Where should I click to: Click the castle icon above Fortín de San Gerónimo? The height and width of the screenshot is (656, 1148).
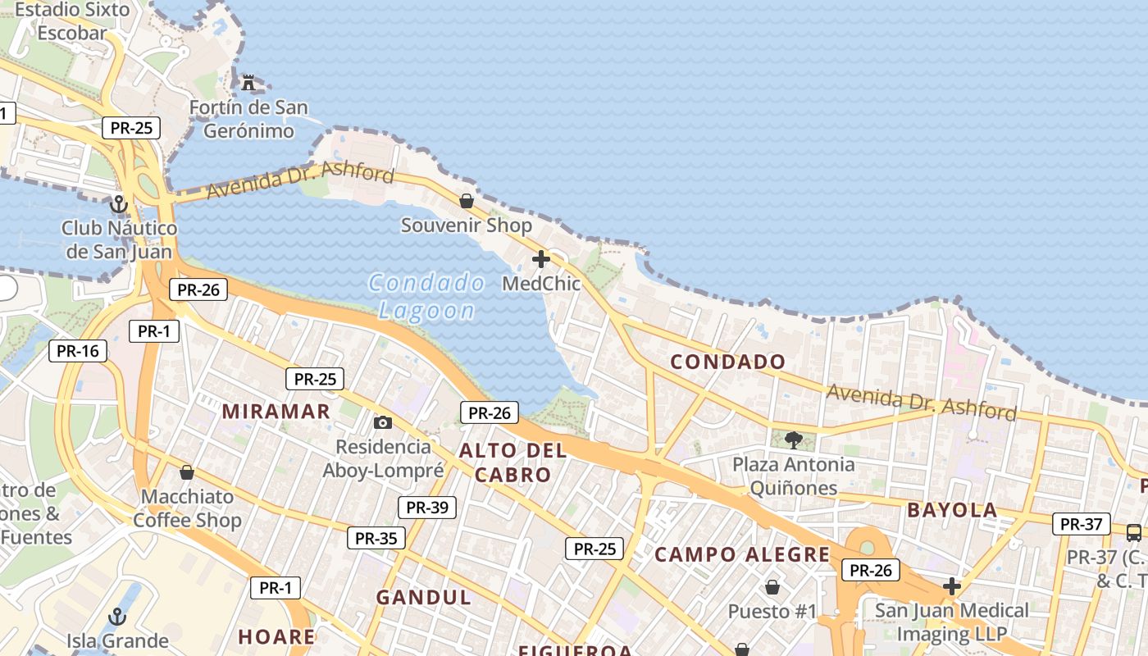248,83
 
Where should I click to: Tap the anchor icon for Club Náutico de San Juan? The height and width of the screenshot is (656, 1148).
119,203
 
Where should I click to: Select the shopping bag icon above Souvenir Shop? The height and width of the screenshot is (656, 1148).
467,201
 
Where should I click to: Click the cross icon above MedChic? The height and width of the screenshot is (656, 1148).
541,259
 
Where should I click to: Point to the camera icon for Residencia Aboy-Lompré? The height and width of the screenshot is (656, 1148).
382,423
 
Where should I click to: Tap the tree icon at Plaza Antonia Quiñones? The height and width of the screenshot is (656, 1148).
793,440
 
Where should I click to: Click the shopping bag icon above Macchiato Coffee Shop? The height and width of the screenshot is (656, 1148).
187,472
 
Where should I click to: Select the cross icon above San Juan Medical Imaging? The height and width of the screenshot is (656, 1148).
952,586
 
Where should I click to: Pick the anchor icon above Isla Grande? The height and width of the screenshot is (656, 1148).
117,616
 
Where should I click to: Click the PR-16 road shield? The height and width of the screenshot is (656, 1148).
78,351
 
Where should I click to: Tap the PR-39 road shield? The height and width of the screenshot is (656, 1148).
426,507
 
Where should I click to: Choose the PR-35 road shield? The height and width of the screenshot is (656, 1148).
376,538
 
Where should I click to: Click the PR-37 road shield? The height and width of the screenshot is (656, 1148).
1081,524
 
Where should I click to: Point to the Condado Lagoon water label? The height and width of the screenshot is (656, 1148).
426,297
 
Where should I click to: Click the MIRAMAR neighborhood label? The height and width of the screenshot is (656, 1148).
276,411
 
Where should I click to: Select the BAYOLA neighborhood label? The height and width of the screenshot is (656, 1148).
952,510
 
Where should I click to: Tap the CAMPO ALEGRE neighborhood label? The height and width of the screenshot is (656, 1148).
742,555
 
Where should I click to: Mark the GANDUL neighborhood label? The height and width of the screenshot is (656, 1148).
424,598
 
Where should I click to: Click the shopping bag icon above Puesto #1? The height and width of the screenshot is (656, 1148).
772,587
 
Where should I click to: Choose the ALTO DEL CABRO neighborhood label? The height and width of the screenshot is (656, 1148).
512,462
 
